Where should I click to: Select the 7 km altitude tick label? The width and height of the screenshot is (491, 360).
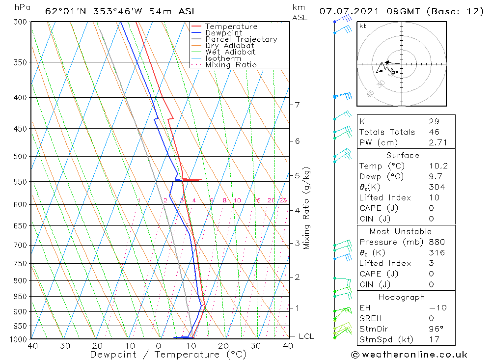click(297, 105)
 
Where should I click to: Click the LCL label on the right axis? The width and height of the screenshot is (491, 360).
click(306, 336)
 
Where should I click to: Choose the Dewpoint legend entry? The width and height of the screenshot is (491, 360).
click(223, 33)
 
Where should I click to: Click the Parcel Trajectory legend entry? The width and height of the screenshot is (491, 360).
click(241, 39)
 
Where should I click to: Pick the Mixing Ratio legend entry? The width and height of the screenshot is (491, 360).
click(231, 65)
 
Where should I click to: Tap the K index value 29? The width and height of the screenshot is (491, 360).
click(434, 121)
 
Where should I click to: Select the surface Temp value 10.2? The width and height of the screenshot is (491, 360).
click(437, 166)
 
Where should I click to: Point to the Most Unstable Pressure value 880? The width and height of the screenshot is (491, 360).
click(436, 242)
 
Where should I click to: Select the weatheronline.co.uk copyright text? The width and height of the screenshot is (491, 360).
click(409, 355)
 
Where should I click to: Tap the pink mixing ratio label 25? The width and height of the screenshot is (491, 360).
click(283, 200)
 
